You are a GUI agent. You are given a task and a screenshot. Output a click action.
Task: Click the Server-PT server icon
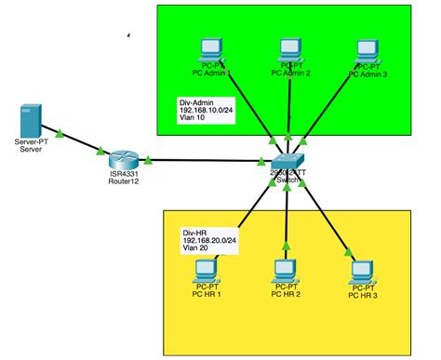pyautogui.click(x=31, y=122)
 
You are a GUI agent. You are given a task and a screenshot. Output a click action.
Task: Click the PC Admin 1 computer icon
pyautogui.click(x=208, y=52)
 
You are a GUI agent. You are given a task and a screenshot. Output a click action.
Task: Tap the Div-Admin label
pyautogui.click(x=197, y=102)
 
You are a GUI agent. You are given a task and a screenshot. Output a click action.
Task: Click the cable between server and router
pyautogui.click(x=76, y=142)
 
